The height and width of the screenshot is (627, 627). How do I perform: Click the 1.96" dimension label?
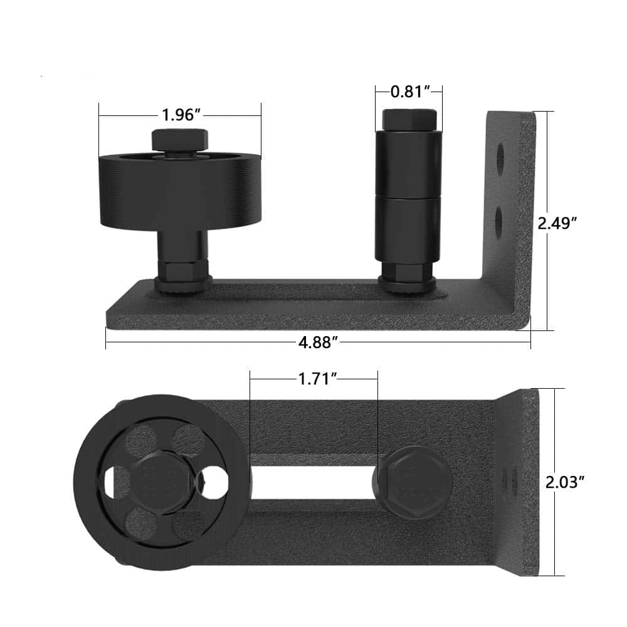point(181,115)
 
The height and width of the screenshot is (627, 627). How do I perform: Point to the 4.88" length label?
point(319,342)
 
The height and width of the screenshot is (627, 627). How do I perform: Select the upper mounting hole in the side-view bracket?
point(500,157)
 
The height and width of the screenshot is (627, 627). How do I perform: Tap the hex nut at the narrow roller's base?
point(408,274)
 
